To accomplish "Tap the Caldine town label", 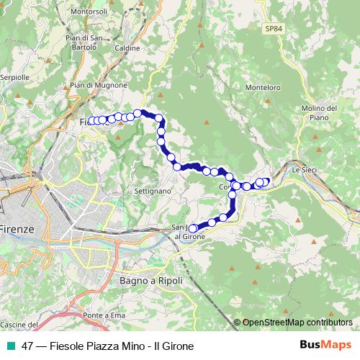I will pos(127,48).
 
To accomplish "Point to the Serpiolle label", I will pos(14,76).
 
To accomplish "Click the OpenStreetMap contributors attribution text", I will pos(297,323).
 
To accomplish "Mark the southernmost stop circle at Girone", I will pos(192,228).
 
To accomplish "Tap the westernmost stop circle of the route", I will pos(91,120).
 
